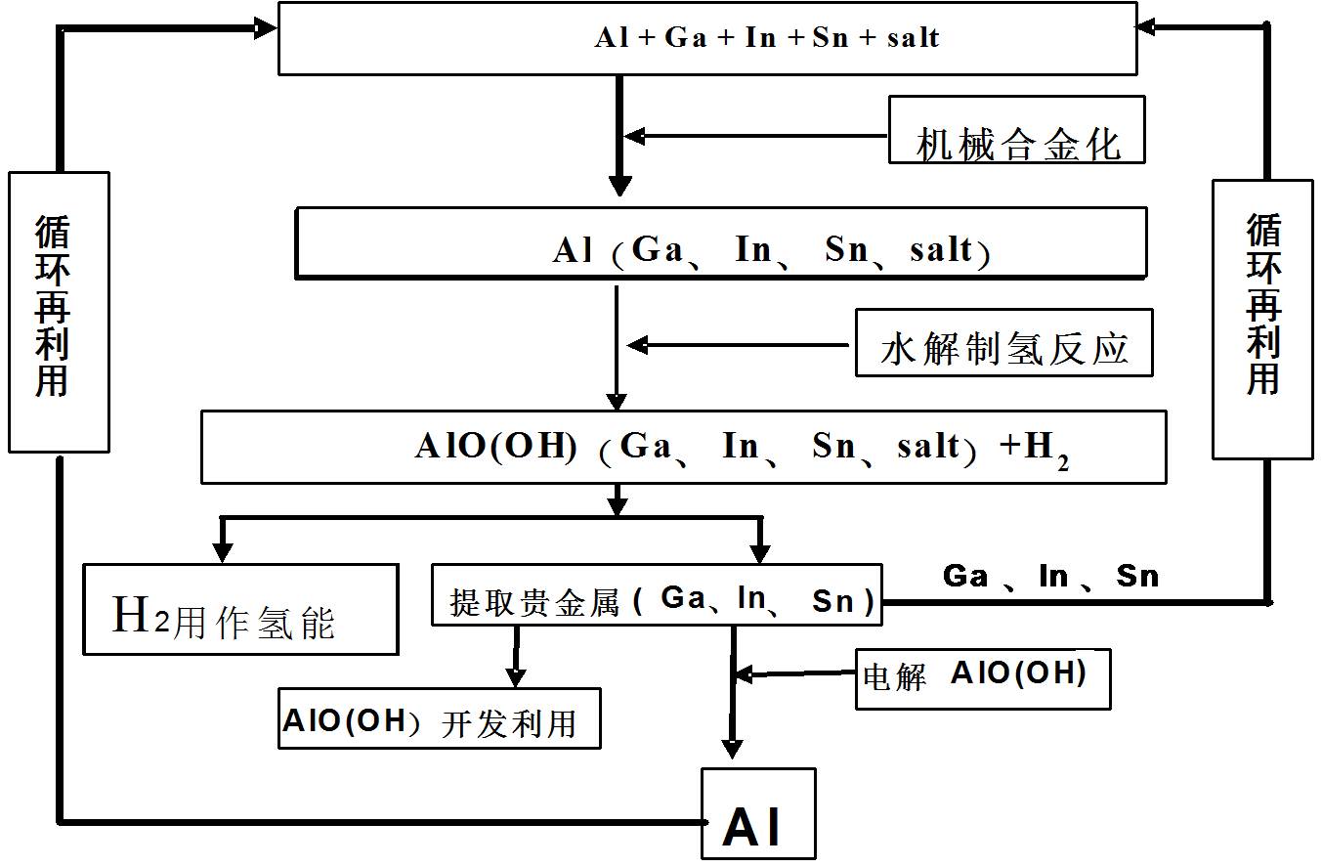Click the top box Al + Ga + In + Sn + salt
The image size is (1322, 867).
(x=707, y=38)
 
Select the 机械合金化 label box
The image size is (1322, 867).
(x=1016, y=129)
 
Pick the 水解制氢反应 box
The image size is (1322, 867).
(x=1003, y=343)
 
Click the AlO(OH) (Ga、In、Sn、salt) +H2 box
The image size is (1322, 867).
(x=683, y=447)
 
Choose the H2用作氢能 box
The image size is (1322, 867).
(x=240, y=609)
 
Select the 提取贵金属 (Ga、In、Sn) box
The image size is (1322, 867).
(x=657, y=594)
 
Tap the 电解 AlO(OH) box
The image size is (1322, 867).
(x=983, y=677)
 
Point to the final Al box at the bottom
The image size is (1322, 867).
(x=758, y=813)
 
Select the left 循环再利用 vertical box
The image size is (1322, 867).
(x=59, y=312)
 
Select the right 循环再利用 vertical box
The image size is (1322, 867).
(x=1262, y=319)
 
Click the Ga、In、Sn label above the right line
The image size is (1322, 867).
(x=1050, y=576)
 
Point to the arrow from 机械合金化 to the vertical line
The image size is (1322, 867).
(x=752, y=136)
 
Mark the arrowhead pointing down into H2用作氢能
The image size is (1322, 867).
(x=223, y=552)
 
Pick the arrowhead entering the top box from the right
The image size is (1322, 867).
(x=1147, y=27)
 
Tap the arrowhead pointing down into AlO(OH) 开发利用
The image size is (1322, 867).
(x=517, y=676)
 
